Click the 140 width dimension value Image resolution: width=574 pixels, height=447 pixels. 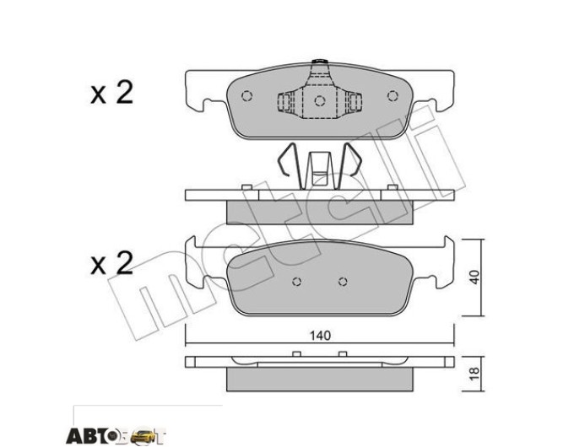pyautogui.click(x=320, y=335)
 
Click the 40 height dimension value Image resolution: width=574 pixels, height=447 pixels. pyautogui.click(x=474, y=277)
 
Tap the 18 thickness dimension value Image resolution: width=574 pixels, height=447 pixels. pyautogui.click(x=474, y=374)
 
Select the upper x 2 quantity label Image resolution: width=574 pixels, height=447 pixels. pyautogui.click(x=112, y=93)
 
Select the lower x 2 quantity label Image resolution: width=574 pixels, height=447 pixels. pyautogui.click(x=112, y=263)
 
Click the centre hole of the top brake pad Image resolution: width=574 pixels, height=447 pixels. pyautogui.click(x=320, y=100)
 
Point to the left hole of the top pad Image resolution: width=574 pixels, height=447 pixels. pyautogui.click(x=247, y=96)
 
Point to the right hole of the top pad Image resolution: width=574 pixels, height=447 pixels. pyautogui.click(x=393, y=96)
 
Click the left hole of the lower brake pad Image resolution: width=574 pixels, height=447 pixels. pyautogui.click(x=297, y=282)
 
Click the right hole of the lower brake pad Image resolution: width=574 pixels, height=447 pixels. pyautogui.click(x=343, y=282)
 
